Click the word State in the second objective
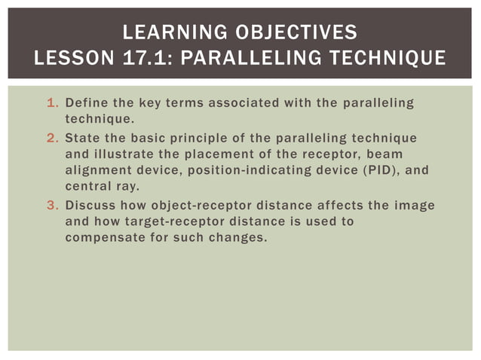[82, 138]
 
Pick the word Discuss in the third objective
[90, 205]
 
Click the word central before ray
[87, 186]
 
